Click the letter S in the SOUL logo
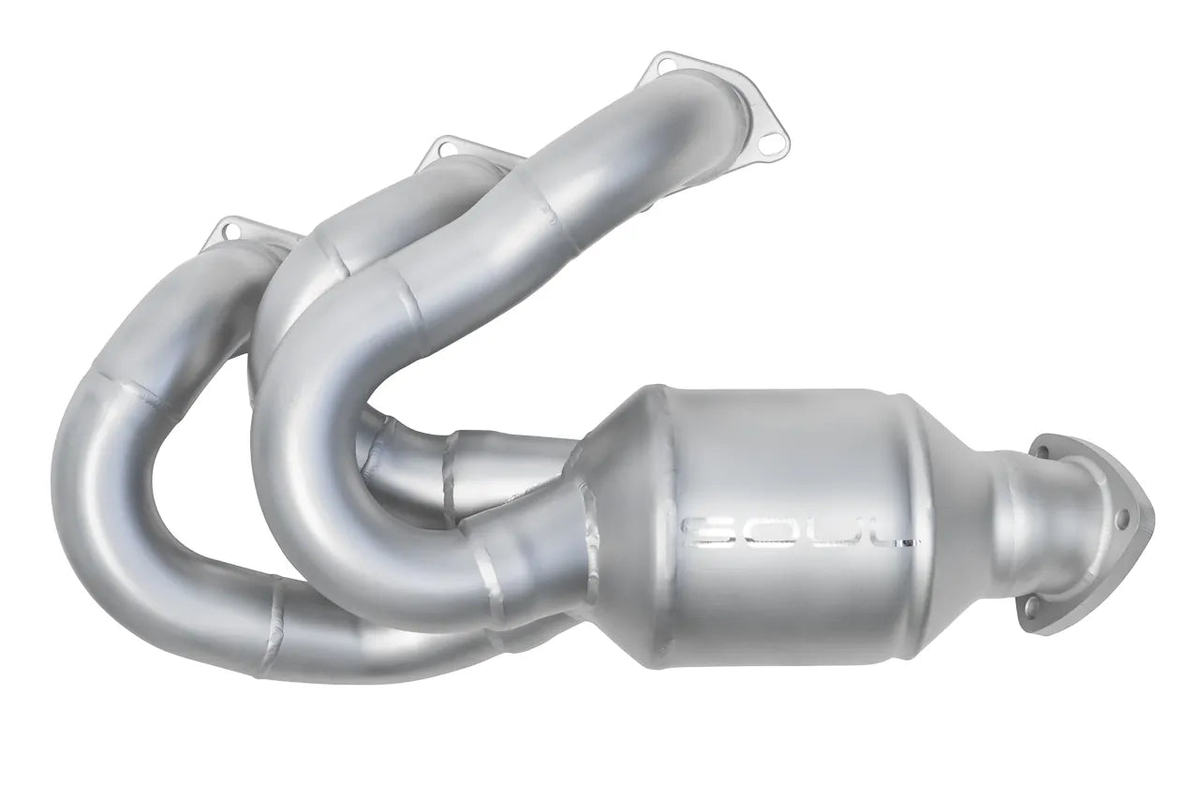coord(700,531)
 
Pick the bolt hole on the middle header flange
coord(434,146)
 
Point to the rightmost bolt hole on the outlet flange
coord(1122,516)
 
